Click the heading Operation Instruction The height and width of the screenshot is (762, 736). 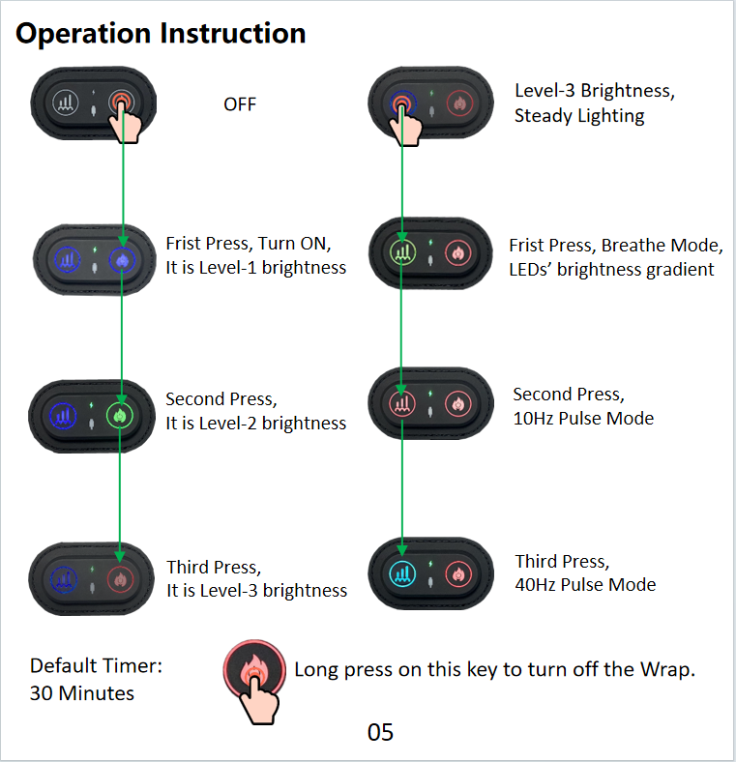tap(161, 33)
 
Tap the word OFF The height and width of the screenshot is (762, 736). tap(240, 103)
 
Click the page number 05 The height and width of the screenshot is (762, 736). tap(380, 732)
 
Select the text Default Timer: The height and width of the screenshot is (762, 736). tap(96, 665)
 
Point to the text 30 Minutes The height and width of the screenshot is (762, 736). tap(82, 693)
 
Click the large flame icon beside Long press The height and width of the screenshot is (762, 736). tap(253, 669)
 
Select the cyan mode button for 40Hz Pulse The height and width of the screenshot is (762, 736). tap(402, 572)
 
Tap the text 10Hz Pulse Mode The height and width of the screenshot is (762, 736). tap(583, 418)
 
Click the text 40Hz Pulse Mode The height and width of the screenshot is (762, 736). tap(585, 584)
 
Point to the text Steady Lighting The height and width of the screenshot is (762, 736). tap(579, 116)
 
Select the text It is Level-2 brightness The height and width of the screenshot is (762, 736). tap(255, 423)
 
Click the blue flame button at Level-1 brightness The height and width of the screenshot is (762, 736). tap(120, 259)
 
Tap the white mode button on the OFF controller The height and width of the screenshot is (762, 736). tap(65, 102)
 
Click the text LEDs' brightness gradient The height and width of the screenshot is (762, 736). tap(611, 269)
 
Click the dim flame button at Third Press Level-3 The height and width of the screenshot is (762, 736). tap(120, 580)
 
